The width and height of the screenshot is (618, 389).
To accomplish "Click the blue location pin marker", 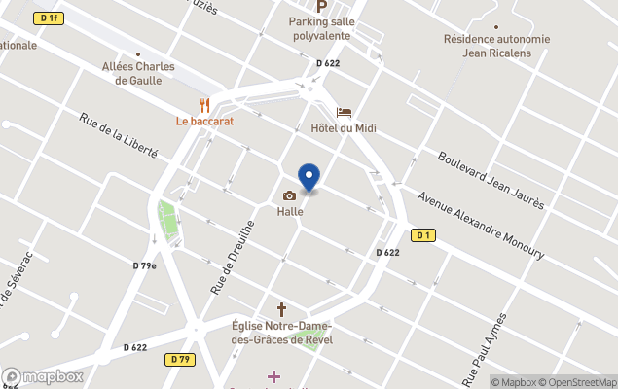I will [x=309, y=177].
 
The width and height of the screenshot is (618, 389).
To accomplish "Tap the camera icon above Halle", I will [x=289, y=195].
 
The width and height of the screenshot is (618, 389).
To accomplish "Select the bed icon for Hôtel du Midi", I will [x=344, y=113].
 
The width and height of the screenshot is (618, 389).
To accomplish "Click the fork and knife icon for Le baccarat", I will [x=204, y=105].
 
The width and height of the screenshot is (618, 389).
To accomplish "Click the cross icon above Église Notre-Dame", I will [x=282, y=309].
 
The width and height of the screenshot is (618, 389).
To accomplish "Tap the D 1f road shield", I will [x=48, y=18].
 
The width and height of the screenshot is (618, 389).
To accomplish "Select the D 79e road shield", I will [x=145, y=265].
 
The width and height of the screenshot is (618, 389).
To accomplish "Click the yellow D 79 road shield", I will [x=179, y=359].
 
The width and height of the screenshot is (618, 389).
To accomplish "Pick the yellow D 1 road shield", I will [x=422, y=234].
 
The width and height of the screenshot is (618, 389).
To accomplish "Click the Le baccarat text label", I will [x=204, y=122].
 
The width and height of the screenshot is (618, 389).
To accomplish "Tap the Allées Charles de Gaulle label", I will [x=138, y=73].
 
